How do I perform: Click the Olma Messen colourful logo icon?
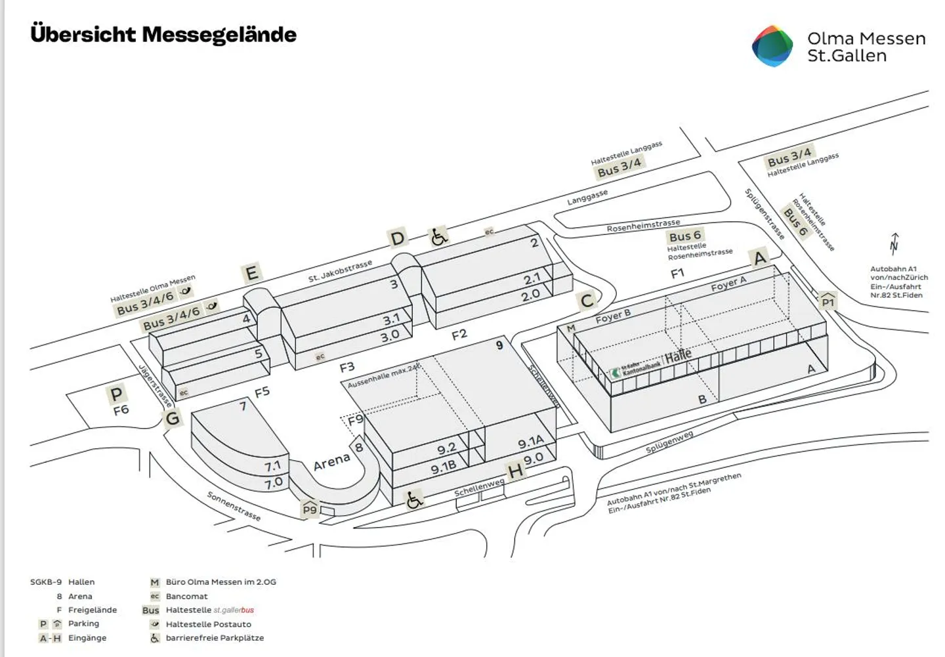point(772,46)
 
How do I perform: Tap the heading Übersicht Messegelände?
point(163,34)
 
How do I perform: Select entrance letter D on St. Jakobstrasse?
point(398,238)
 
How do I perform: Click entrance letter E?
point(251,272)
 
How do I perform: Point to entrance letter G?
point(173,418)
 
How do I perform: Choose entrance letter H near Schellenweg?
point(516,470)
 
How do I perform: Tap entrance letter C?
point(587,301)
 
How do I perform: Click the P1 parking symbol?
point(828,301)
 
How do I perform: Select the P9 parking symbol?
point(310,509)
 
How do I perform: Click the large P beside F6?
point(116,394)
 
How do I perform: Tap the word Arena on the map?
point(331,462)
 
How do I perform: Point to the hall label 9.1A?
point(530,443)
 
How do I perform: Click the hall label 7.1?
point(272,466)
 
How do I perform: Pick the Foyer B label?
point(613,316)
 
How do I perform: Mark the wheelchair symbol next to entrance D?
point(439,236)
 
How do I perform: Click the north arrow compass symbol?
point(894,244)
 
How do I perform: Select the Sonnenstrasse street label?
point(234,506)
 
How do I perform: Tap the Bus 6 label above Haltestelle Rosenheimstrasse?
point(684,236)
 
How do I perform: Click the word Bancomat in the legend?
point(186,597)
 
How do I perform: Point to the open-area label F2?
point(459,335)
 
